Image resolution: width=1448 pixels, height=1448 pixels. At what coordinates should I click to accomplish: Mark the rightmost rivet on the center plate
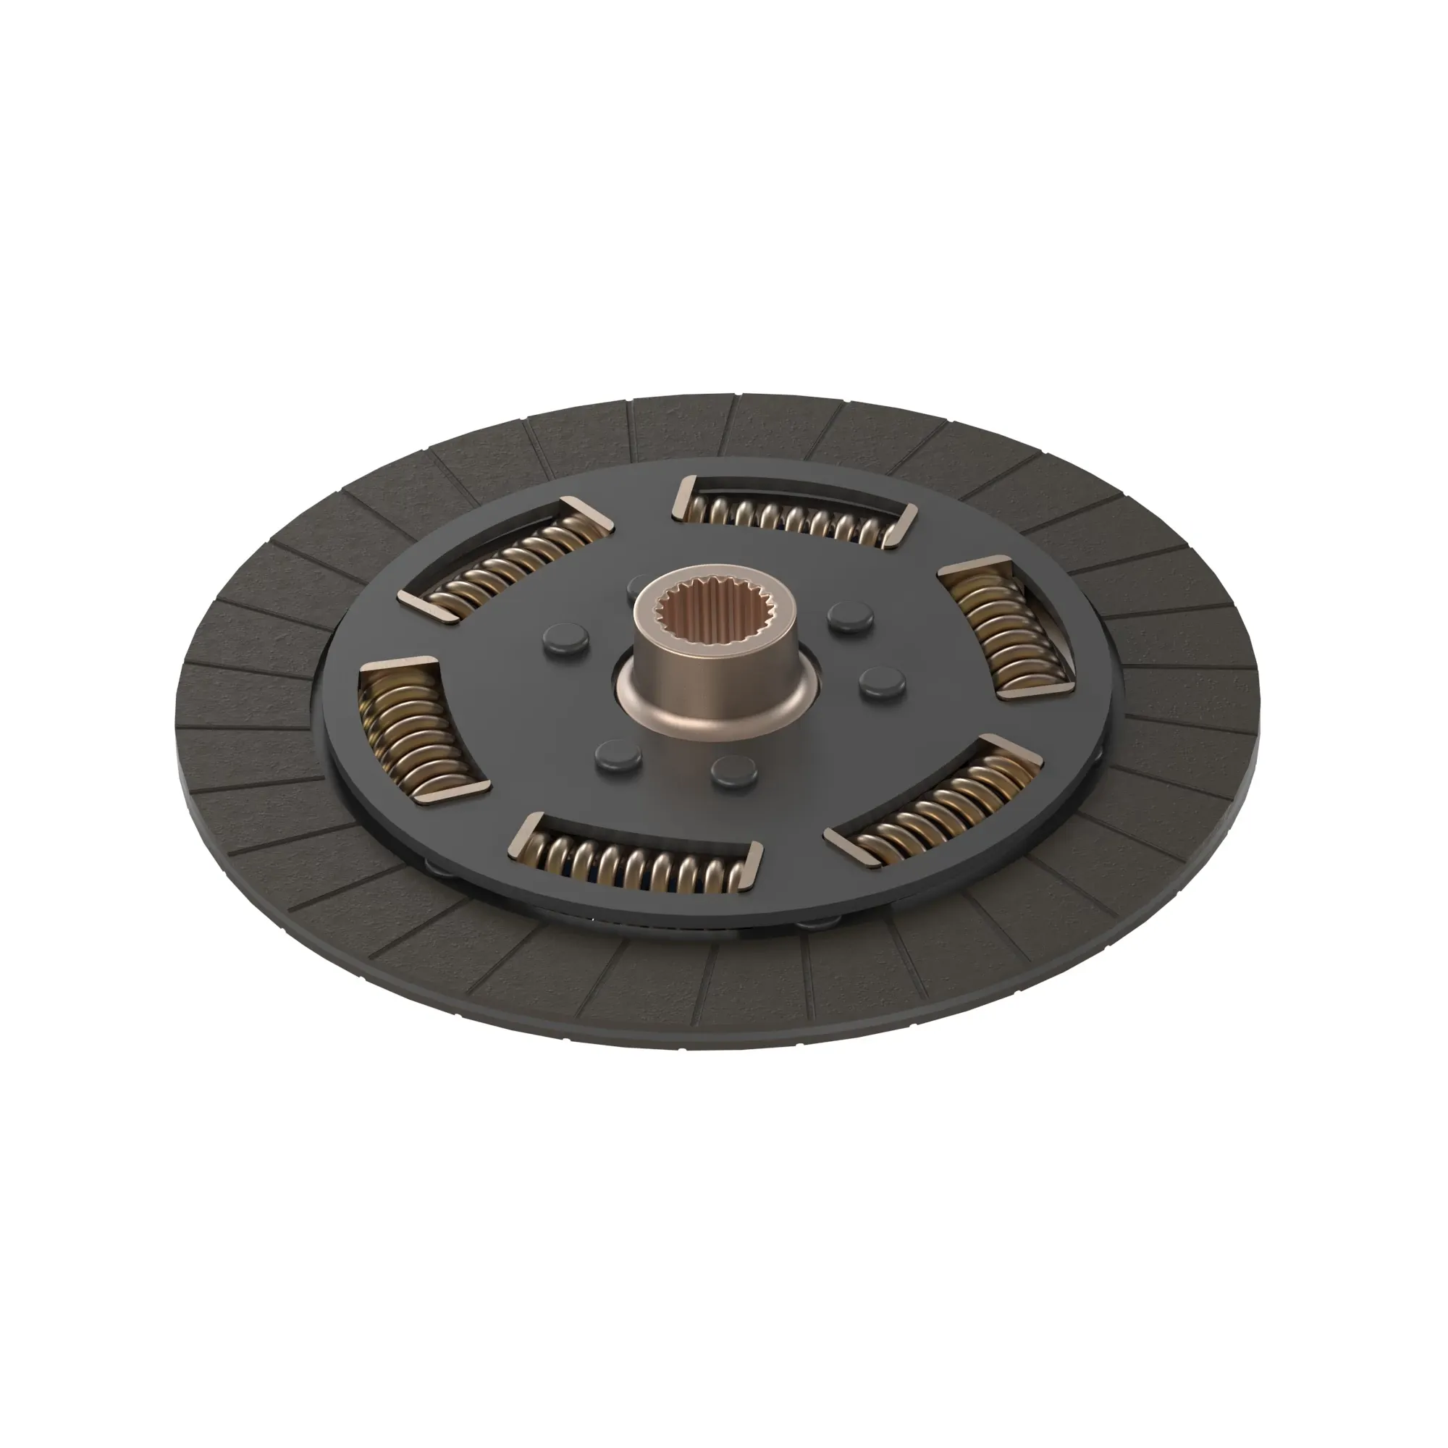click(x=882, y=682)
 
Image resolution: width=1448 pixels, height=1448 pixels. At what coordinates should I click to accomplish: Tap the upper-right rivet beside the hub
click(x=851, y=617)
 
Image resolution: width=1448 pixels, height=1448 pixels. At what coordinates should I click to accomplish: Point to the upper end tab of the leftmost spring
click(x=397, y=665)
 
